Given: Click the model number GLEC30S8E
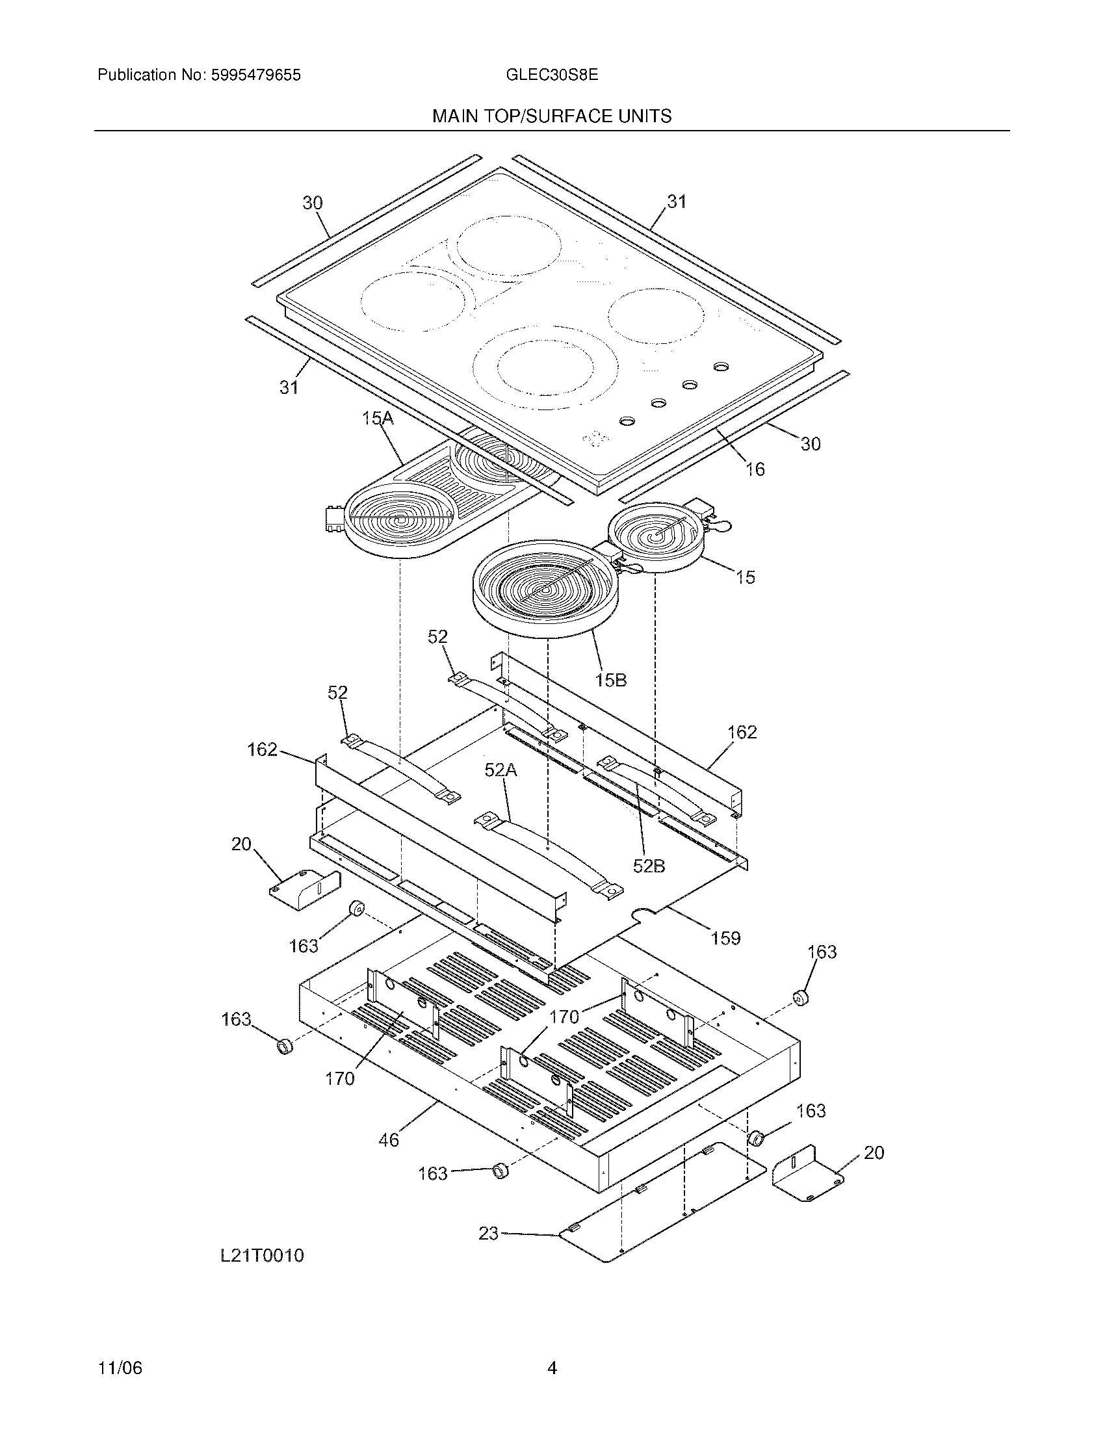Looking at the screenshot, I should [x=551, y=75].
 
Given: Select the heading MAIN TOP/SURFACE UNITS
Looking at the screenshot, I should [x=551, y=116].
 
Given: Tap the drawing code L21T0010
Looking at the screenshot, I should [x=262, y=1256].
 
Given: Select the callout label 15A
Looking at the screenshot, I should [x=378, y=419].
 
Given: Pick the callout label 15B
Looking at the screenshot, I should [x=610, y=681].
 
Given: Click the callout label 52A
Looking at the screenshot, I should [x=500, y=771].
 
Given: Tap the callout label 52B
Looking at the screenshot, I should [x=649, y=866].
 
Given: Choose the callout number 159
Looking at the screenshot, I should [x=725, y=938].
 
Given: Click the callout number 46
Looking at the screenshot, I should [x=388, y=1140].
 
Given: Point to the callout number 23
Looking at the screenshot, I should [x=488, y=1234].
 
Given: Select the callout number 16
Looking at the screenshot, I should [x=755, y=469].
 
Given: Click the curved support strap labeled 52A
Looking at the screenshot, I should [x=549, y=853].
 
